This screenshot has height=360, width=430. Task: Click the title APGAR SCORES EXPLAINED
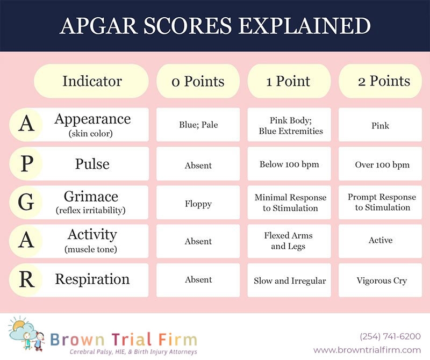pyautogui.click(x=215, y=26)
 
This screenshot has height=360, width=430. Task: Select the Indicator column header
pyautogui.click(x=91, y=81)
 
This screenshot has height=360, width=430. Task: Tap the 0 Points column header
pyautogui.click(x=198, y=81)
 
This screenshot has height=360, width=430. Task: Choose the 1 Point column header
pyautogui.click(x=289, y=81)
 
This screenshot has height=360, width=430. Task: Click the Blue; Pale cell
pyautogui.click(x=198, y=125)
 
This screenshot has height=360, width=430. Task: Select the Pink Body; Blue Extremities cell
pyautogui.click(x=289, y=125)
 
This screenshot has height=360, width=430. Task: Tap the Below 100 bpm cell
pyautogui.click(x=289, y=164)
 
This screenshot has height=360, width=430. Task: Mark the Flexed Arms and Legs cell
pyautogui.click(x=289, y=241)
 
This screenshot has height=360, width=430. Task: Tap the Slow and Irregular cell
pyautogui.click(x=289, y=280)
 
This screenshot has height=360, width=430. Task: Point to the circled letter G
pyautogui.click(x=26, y=203)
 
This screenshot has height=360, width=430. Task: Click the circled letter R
pyautogui.click(x=26, y=280)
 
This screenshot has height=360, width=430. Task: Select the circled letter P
pyautogui.click(x=26, y=164)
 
